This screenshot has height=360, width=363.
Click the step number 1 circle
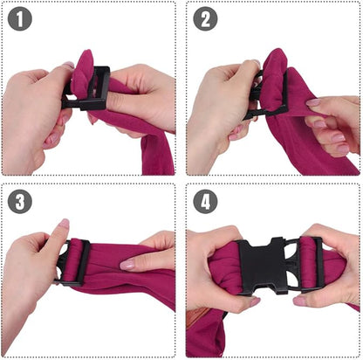20,19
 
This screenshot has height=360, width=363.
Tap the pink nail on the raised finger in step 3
63,225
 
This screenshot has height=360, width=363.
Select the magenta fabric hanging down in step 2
305,149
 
